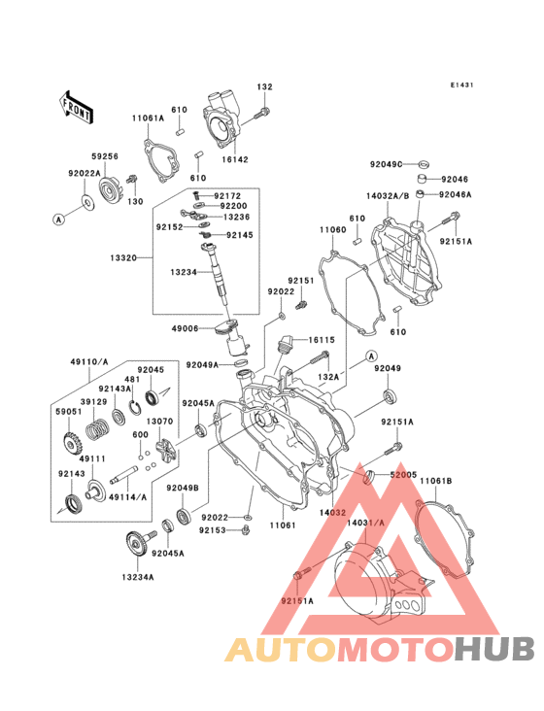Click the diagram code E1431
461,86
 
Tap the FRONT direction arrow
78,106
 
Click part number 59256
105,154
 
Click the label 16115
322,340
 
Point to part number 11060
332,230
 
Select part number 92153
214,530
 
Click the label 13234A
138,577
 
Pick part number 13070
161,422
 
